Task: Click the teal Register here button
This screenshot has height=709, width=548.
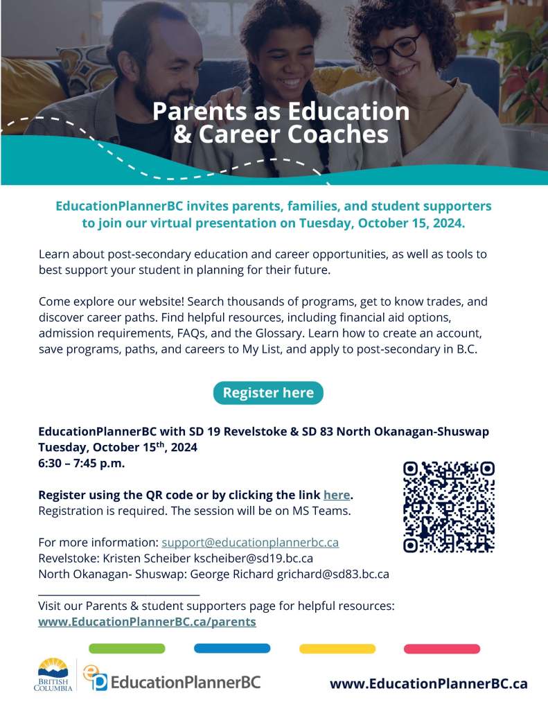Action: tap(268, 393)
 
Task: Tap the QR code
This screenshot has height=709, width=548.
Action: tap(449, 507)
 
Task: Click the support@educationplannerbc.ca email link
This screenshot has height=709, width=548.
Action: tap(250, 542)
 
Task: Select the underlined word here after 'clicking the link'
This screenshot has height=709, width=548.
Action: tap(337, 496)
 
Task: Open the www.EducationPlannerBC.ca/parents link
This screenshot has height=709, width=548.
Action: tap(147, 622)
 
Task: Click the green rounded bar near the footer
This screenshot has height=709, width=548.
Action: tap(127, 649)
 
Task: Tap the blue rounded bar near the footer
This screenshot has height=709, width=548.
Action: tap(232, 649)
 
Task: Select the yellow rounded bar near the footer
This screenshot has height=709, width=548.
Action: tap(337, 649)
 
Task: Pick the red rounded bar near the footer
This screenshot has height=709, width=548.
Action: tap(442, 649)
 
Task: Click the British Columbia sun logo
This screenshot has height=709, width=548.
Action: tap(53, 673)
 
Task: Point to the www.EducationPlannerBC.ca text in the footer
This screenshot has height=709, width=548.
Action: tap(428, 684)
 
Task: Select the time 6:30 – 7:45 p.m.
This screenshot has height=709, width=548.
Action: tap(82, 464)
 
